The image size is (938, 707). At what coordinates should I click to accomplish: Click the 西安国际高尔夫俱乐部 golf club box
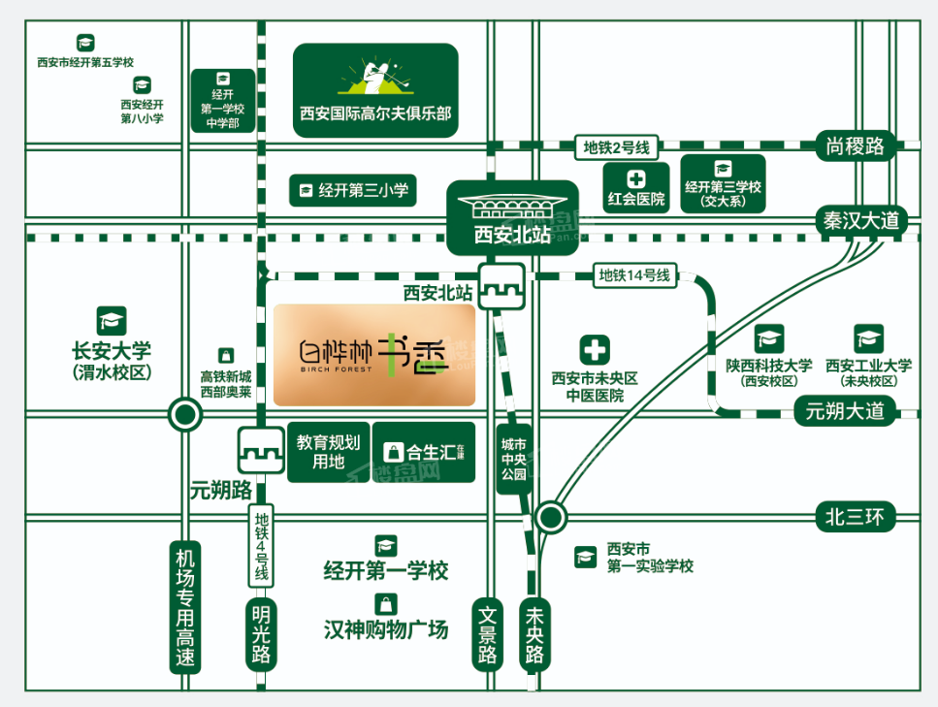[375, 89]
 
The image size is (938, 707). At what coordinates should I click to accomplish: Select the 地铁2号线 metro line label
[616, 147]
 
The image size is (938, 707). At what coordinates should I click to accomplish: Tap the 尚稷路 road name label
[856, 146]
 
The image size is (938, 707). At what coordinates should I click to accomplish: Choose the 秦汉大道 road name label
[861, 220]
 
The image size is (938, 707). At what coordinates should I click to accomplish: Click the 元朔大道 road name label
[845, 411]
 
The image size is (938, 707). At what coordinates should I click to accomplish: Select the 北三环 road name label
[855, 516]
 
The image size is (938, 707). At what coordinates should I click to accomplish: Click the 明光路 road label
[261, 635]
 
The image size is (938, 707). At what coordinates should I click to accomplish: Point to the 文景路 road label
[488, 635]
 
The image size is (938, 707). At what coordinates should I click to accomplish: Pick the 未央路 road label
[534, 635]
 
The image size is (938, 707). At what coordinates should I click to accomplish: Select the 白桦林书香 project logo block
[374, 355]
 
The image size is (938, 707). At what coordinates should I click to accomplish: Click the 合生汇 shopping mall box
[424, 452]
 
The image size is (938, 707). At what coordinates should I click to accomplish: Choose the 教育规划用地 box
[328, 452]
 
